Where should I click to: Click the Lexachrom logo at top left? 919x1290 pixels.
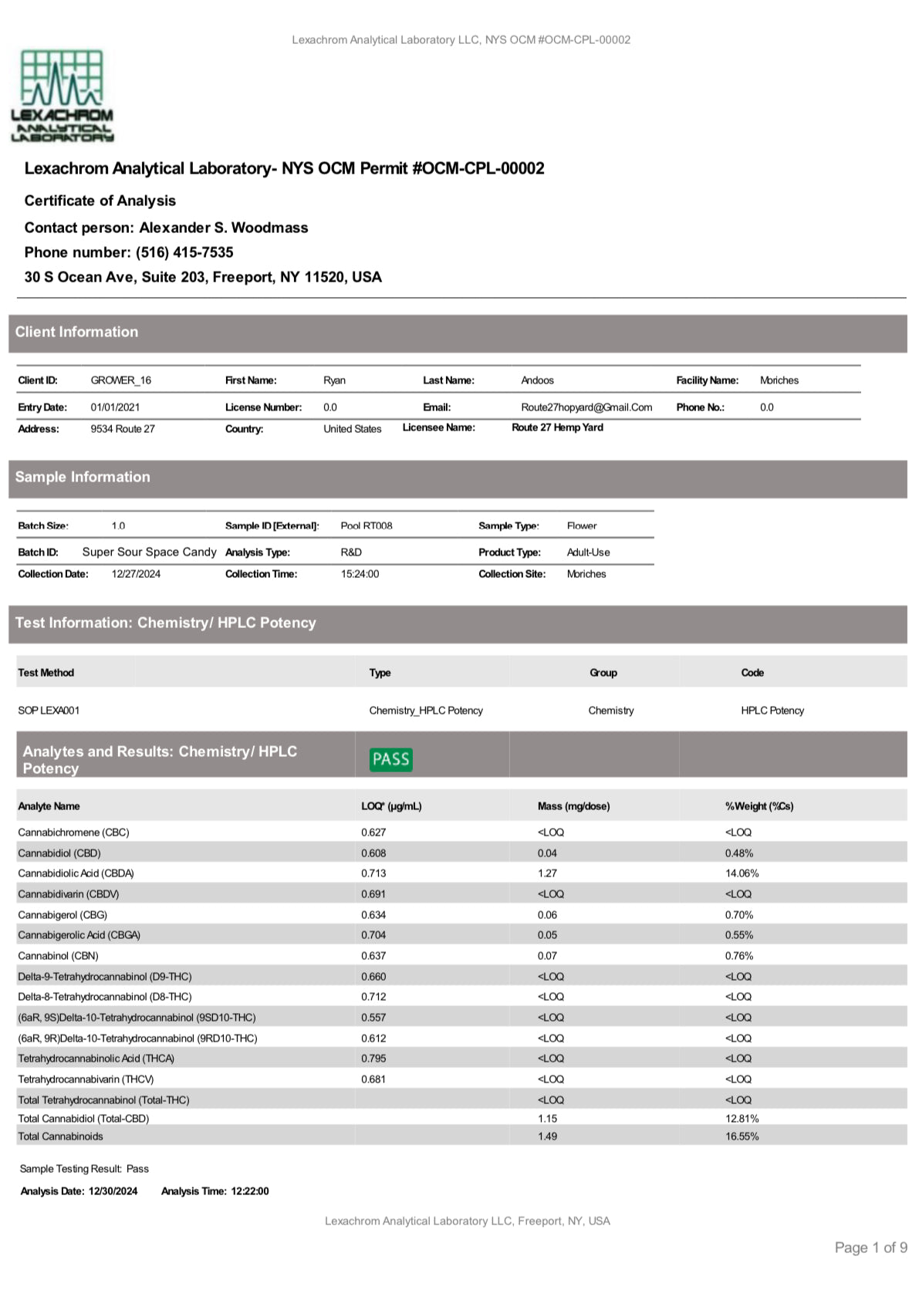tap(62, 96)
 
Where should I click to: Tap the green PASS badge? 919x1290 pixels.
tap(390, 759)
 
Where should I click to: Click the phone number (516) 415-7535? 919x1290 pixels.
tap(184, 252)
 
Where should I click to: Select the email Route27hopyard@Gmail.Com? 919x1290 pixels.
tap(586, 407)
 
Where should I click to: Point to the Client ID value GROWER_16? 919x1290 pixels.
tap(121, 380)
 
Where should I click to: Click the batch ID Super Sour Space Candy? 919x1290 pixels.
tap(149, 552)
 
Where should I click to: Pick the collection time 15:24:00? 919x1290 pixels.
tap(360, 574)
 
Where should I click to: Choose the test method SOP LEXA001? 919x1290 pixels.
tap(49, 711)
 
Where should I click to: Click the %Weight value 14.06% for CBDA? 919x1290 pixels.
tap(742, 873)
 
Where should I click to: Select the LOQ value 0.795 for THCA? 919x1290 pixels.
tap(373, 1059)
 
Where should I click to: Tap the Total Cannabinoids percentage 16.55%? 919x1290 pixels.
tap(742, 1136)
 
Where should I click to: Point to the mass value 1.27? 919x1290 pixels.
tap(547, 873)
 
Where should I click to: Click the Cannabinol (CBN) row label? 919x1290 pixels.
tap(59, 956)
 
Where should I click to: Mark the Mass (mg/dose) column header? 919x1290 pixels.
tap(573, 806)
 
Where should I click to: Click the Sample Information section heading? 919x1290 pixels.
tap(83, 477)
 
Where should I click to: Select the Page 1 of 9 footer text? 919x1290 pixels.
tap(870, 1248)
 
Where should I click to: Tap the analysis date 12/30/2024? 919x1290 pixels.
tap(113, 1191)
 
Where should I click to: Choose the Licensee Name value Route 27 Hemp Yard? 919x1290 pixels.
tap(557, 427)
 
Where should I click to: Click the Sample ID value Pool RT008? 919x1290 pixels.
tap(367, 525)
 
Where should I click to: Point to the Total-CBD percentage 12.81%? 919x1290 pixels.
tap(742, 1119)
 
